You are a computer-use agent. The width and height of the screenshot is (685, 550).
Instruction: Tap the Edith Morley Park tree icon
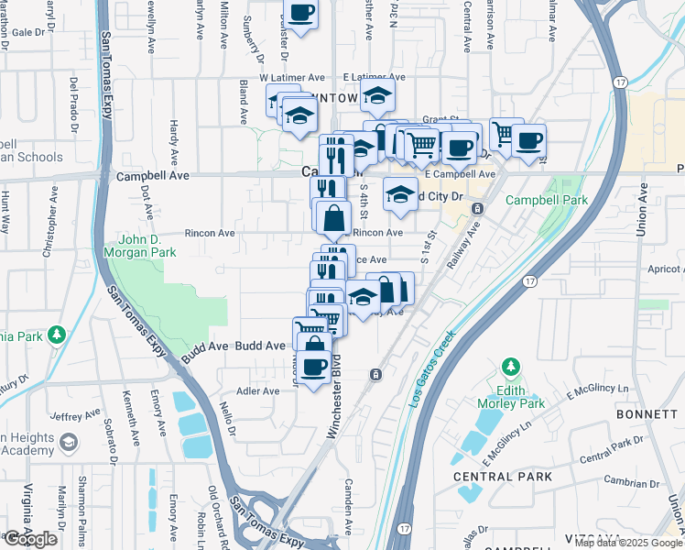pos(510,368)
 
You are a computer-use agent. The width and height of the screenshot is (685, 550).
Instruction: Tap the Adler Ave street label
pos(258,391)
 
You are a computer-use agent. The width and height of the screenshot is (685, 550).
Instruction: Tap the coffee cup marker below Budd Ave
pos(314,367)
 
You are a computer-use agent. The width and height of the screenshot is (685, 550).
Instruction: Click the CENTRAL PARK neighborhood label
pos(503,477)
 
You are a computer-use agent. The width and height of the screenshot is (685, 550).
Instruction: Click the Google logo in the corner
pos(30,539)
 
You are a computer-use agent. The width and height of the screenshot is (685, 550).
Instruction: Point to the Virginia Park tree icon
pos(58,334)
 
